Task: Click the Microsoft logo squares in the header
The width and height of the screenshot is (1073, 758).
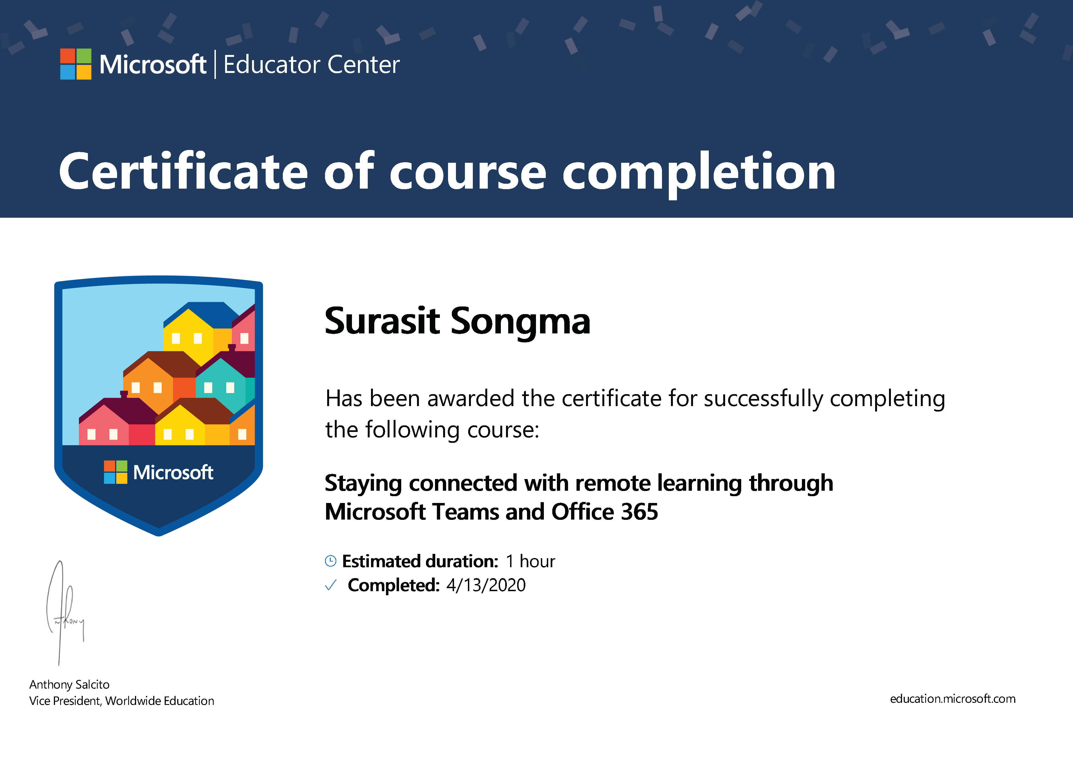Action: pos(76,64)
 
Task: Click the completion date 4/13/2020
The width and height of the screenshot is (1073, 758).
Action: pos(486,585)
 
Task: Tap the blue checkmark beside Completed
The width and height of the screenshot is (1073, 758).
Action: pos(330,585)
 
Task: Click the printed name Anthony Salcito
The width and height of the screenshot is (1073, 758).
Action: pos(69,685)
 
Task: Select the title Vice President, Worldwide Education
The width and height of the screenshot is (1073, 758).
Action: pos(121,701)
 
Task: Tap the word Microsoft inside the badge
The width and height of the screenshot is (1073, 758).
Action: pos(173,472)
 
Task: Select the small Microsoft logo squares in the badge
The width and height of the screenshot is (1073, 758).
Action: pos(115,472)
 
